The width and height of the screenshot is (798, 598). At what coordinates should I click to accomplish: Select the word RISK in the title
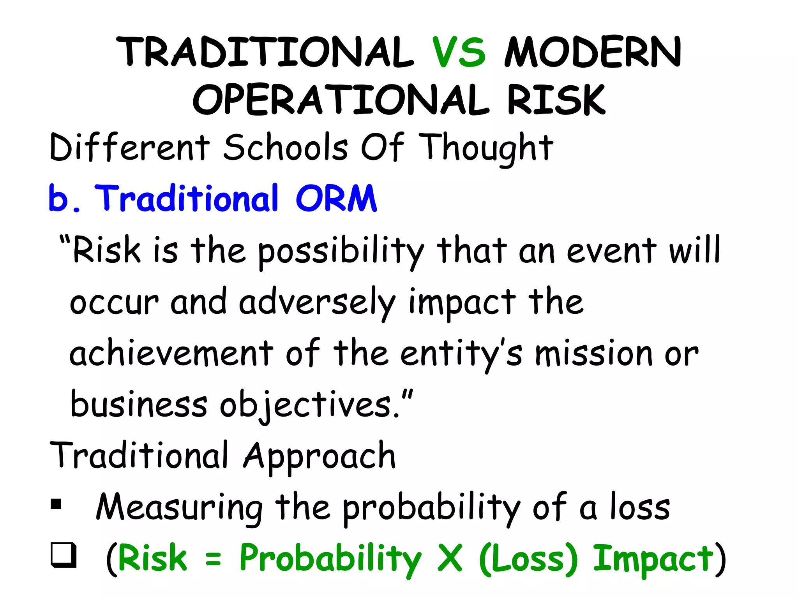[x=556, y=100]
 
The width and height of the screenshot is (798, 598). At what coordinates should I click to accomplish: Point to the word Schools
[x=285, y=147]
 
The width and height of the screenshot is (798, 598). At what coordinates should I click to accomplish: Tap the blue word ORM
[x=336, y=199]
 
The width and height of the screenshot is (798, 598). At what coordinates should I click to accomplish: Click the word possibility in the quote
[x=341, y=251]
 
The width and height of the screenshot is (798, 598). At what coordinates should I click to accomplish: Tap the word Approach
[x=320, y=456]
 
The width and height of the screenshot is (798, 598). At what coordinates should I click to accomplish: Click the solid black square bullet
[x=56, y=504]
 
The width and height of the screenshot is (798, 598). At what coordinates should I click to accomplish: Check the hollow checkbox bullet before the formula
[x=63, y=555]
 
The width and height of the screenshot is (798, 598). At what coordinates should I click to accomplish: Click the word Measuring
[x=180, y=507]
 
